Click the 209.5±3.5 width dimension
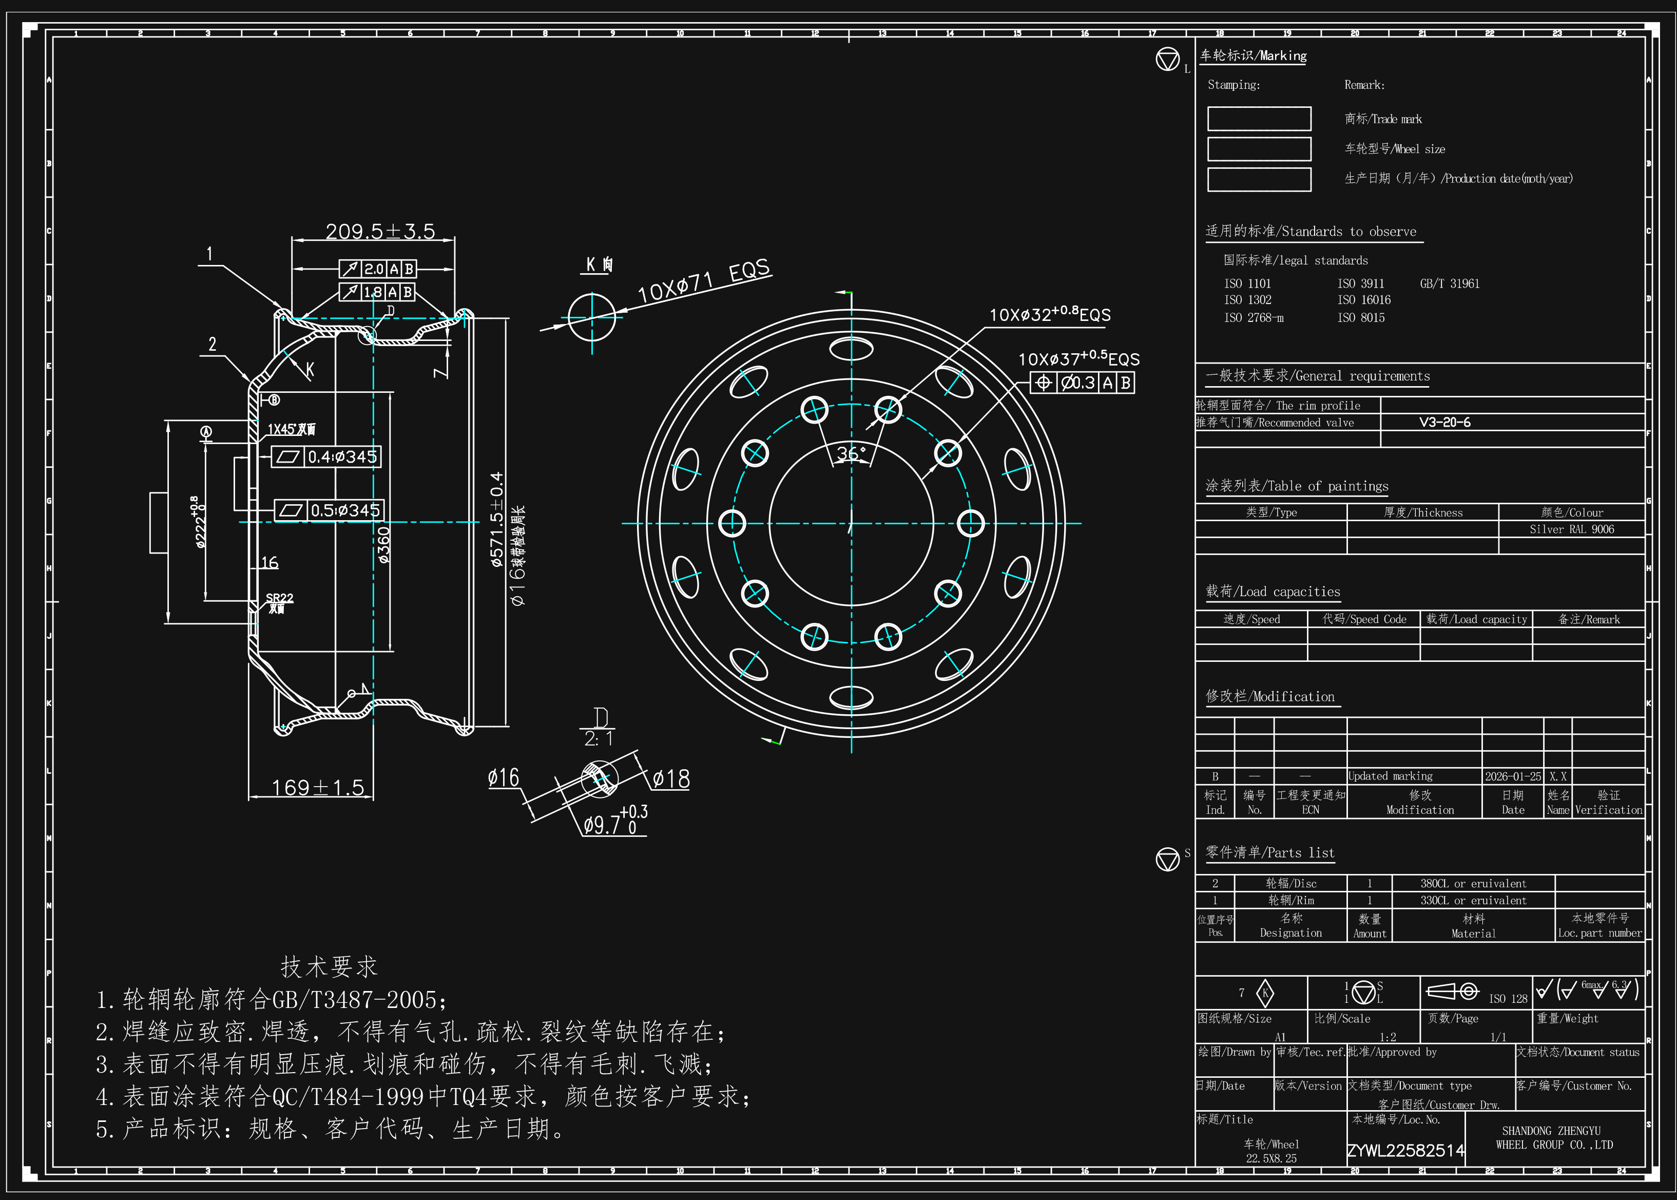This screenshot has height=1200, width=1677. (380, 231)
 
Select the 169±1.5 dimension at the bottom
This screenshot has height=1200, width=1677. (318, 788)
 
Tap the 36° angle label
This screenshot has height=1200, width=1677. (851, 453)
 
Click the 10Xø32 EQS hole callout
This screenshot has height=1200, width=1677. (1049, 315)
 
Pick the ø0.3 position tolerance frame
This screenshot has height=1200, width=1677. (1082, 383)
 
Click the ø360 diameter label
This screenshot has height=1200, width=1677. (383, 545)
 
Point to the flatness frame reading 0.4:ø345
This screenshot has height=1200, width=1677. (326, 456)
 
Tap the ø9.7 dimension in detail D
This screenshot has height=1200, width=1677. (614, 823)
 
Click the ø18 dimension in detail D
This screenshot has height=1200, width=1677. (671, 779)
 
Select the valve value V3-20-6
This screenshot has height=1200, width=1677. (1444, 423)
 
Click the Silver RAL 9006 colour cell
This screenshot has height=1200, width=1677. (1571, 529)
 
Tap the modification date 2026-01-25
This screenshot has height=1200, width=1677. (1512, 776)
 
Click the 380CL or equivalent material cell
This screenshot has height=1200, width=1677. (1472, 884)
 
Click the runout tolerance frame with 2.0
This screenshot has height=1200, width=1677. (377, 269)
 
